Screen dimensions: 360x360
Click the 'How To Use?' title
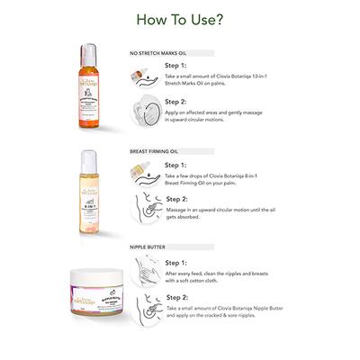point(180,17)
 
